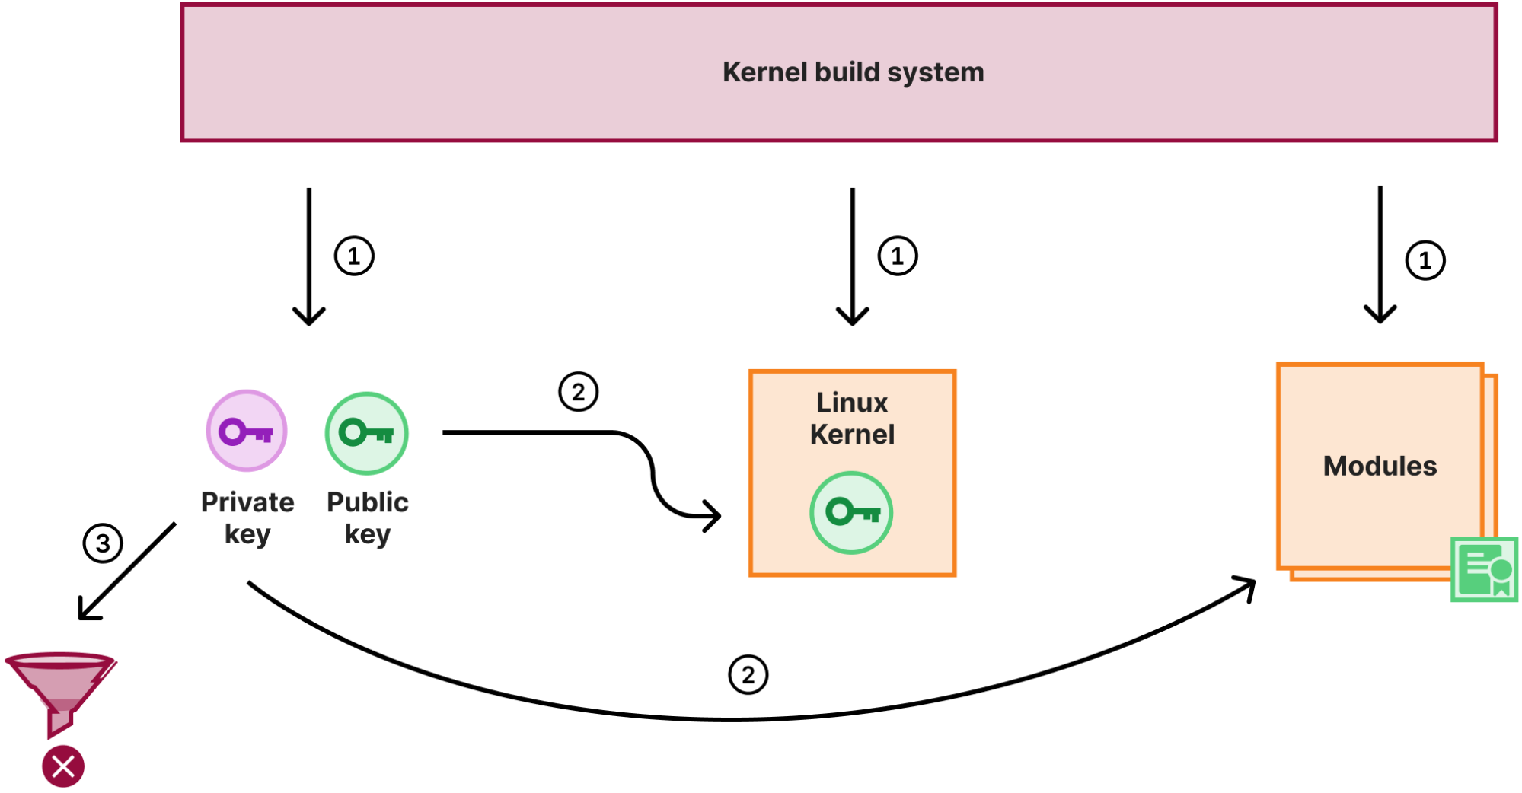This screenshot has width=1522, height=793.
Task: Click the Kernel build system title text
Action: tap(853, 72)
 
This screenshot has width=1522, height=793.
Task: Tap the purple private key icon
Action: tap(247, 432)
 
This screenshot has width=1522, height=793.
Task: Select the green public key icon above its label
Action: tap(367, 433)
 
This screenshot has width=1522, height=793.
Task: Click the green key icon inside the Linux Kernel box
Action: tap(851, 512)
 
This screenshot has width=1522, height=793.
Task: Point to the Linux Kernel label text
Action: tap(852, 418)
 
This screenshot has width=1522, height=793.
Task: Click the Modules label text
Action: tap(1380, 466)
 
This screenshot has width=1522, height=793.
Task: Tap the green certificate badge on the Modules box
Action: tap(1484, 569)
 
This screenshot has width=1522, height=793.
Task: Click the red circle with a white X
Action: tap(63, 766)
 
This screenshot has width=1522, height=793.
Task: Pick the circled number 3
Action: tap(103, 543)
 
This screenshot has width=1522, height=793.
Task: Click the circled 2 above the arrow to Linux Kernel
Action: tap(579, 392)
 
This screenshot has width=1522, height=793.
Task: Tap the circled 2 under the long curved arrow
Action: tap(748, 675)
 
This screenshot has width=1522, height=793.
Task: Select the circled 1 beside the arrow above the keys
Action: tap(354, 256)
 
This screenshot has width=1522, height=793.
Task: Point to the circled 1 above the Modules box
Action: tap(1425, 261)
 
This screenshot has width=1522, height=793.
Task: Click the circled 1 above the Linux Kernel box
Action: tap(898, 256)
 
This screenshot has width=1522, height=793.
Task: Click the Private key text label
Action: tap(247, 518)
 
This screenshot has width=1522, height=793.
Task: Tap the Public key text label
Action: tap(367, 518)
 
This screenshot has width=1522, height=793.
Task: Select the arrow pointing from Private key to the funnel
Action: tap(128, 571)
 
